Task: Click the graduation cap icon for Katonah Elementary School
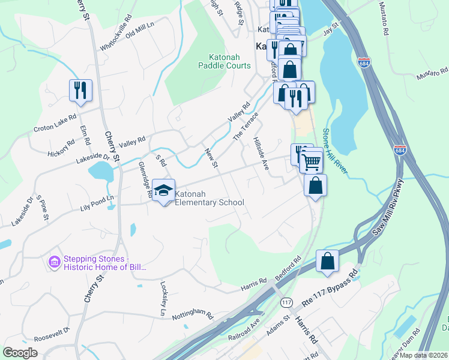[163, 190]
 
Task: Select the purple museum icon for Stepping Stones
[54, 262]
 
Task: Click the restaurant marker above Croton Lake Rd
[80, 90]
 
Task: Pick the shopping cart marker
[310, 160]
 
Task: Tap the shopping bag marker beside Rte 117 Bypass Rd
[327, 261]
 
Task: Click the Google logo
[20, 352]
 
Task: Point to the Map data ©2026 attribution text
[423, 355]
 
